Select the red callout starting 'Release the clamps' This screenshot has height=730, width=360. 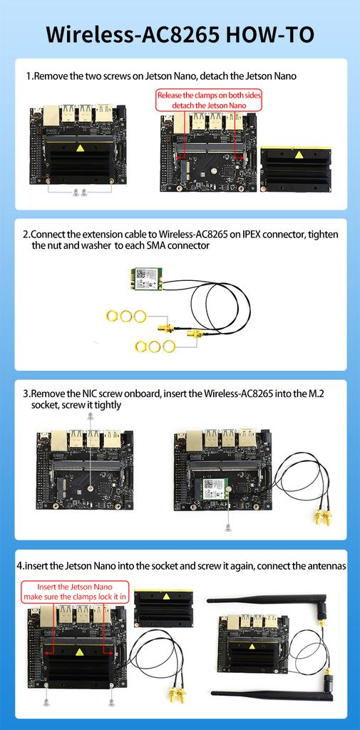(209, 100)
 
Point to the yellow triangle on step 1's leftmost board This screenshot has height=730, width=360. (81, 148)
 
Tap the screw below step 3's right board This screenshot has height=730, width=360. (227, 528)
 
